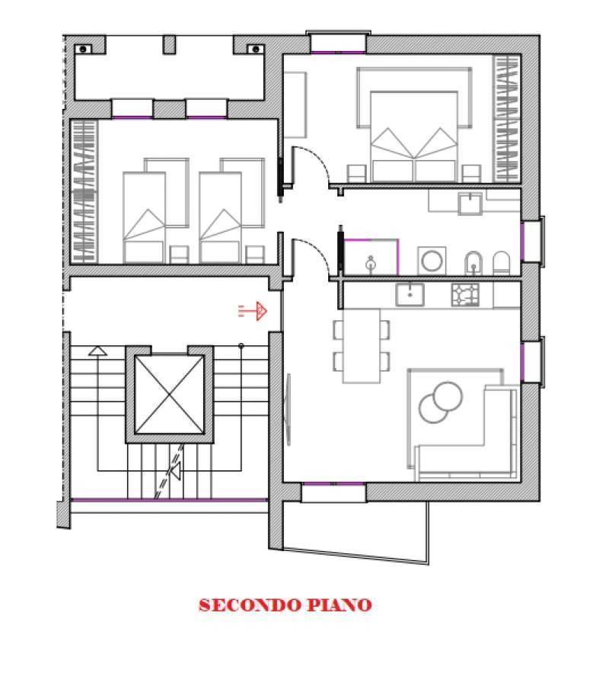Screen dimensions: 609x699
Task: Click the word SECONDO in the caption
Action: pos(250,605)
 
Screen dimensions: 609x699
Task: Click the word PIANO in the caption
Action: pos(340,605)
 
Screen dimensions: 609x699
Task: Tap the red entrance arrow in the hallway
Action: pos(253,310)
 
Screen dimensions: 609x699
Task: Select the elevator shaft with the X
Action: pos(169,395)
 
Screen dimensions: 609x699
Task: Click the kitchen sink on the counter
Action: pos(410,295)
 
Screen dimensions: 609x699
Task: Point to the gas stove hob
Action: pos(465,295)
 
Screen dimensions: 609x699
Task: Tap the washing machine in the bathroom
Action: pos(432,261)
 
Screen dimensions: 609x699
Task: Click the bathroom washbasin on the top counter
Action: pos(470,204)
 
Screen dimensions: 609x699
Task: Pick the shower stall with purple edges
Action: pos(371,257)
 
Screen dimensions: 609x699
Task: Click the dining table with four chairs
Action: pos(361,346)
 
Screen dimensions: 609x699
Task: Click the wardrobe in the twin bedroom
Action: pos(84,191)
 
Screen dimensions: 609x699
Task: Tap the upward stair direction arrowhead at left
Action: pos(97,351)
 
